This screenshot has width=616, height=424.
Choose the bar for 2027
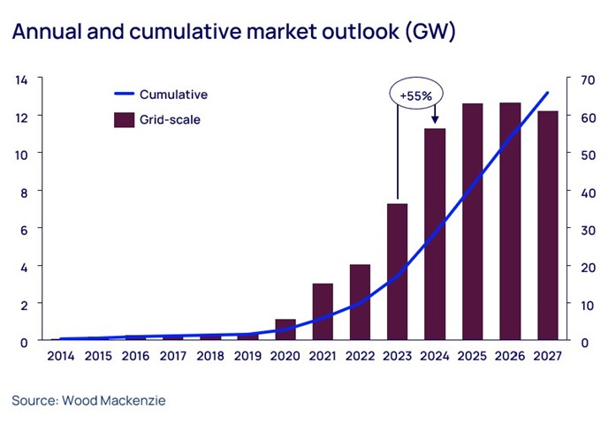[x=548, y=225]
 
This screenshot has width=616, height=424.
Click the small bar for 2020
[x=285, y=329]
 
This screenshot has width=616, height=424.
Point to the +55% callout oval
[x=416, y=94]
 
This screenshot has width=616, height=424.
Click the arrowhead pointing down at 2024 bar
[x=435, y=120]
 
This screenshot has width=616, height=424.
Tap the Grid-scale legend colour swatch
[x=123, y=119]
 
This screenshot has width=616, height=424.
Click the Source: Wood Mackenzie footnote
[x=88, y=400]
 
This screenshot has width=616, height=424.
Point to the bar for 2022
[x=360, y=302]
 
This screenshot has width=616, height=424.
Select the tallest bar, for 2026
[x=510, y=221]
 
